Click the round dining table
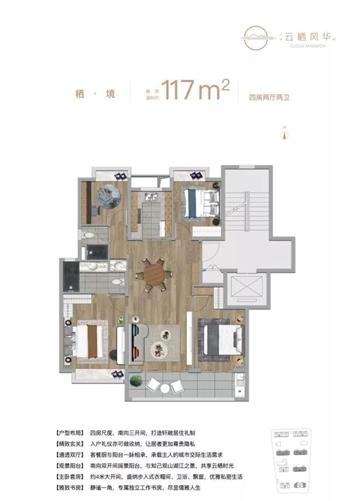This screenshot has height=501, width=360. coord(155,274)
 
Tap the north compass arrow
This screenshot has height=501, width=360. coord(284,134)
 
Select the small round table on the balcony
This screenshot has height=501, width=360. coord(165,388)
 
